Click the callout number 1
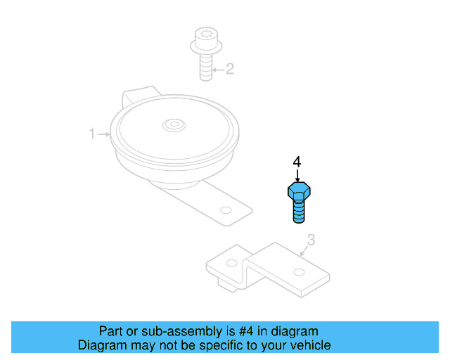[91, 134]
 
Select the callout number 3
[311, 240]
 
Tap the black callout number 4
[297, 162]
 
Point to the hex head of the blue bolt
[299, 191]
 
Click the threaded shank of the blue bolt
[299, 211]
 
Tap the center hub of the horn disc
[172, 126]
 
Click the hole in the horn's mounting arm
[225, 210]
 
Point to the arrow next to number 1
[103, 134]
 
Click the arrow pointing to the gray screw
[217, 69]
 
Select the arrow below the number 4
[297, 176]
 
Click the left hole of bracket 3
[231, 264]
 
